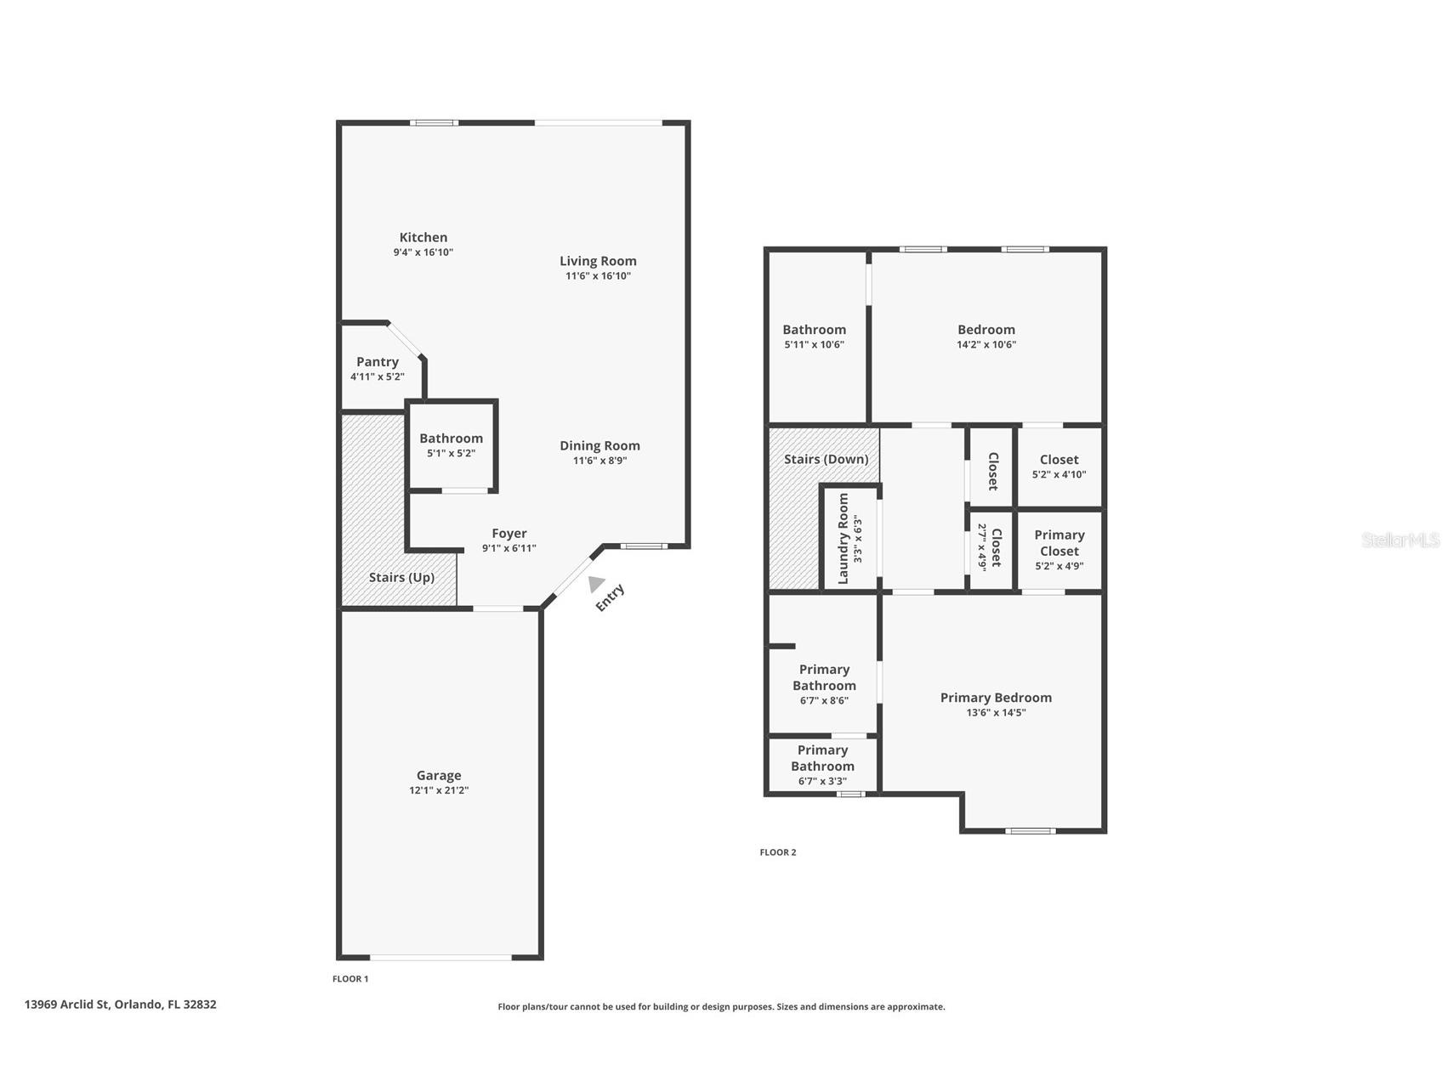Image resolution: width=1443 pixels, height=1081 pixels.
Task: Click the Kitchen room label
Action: [423, 238]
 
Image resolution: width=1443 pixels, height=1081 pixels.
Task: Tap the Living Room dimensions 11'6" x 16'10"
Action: [598, 276]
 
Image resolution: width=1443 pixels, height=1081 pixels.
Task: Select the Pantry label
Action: [377, 362]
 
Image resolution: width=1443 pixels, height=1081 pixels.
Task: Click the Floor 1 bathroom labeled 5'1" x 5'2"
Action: [451, 445]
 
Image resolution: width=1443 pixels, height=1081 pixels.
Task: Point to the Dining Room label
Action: [599, 445]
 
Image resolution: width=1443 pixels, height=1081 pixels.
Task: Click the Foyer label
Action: [508, 534]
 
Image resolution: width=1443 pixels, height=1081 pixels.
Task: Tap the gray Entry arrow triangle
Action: [596, 584]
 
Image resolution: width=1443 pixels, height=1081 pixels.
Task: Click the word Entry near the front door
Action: [610, 597]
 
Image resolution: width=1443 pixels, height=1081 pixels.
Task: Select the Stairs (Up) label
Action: [401, 577]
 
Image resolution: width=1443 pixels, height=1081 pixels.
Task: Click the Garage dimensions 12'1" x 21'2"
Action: [439, 790]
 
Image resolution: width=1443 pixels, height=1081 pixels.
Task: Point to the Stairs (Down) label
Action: [826, 459]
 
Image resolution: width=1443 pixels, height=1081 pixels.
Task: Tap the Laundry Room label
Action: [844, 539]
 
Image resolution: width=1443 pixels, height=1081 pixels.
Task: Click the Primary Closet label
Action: [1059, 542]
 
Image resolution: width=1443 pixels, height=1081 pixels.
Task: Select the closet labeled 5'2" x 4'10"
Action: [1059, 467]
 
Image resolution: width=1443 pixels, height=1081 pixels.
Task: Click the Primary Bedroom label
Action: [996, 698]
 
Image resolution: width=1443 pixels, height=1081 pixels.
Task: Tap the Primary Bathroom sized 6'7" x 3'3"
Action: [822, 765]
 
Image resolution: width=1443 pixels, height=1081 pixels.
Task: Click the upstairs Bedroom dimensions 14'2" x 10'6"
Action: [986, 345]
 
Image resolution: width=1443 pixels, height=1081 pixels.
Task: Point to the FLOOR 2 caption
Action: [777, 852]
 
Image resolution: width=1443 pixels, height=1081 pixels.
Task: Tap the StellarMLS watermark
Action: [1400, 540]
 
